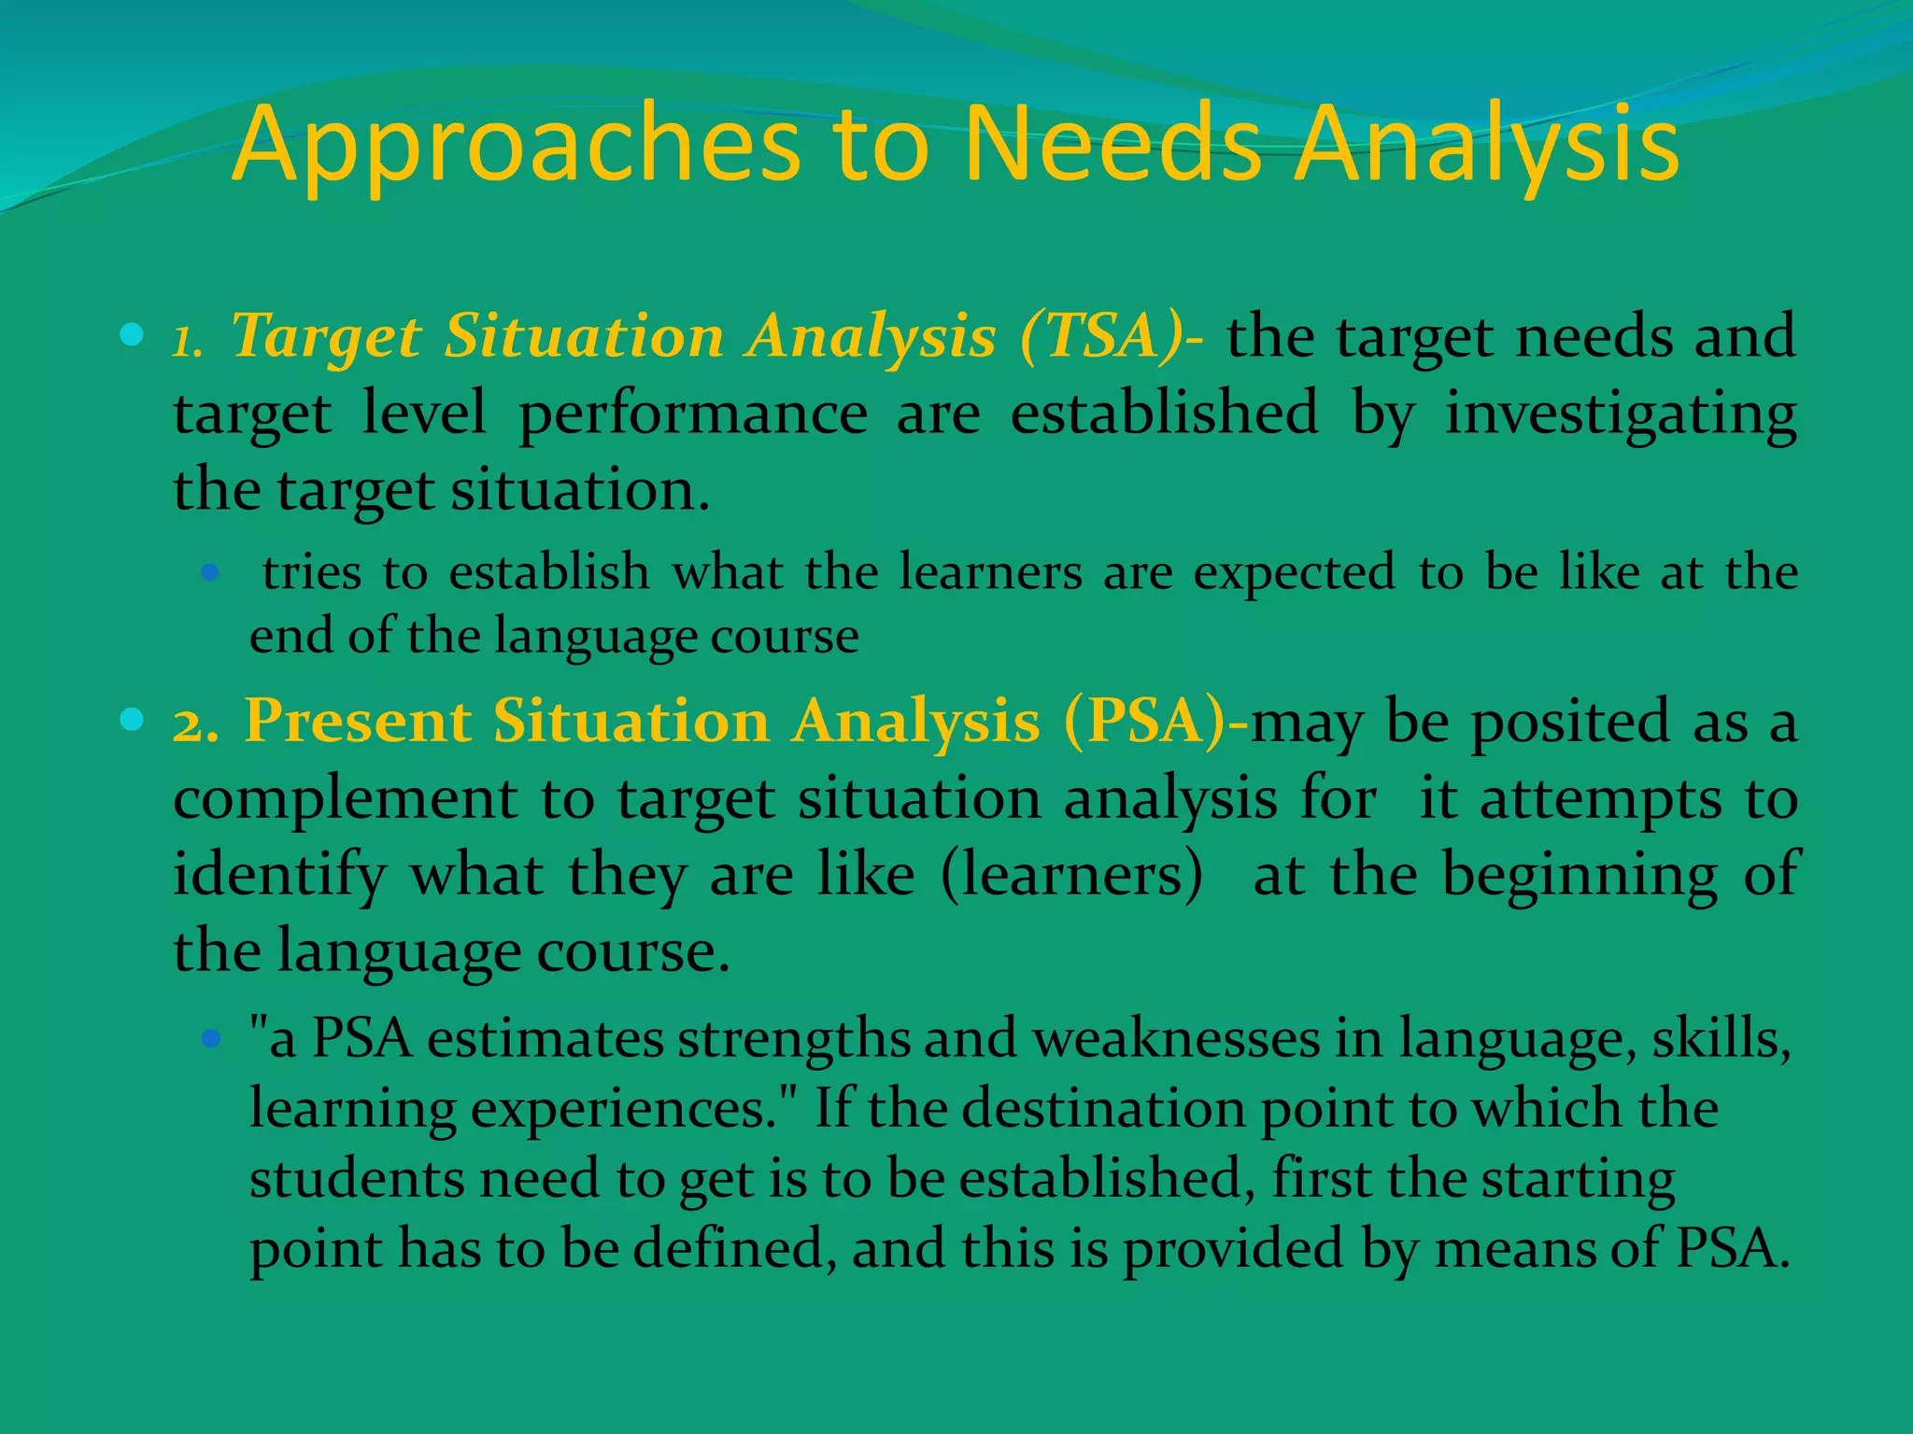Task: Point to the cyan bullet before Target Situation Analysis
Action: click(132, 334)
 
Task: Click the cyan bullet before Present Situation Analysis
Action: click(132, 719)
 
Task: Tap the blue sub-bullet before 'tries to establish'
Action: click(210, 572)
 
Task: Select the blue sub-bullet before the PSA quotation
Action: click(210, 1037)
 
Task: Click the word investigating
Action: click(1621, 414)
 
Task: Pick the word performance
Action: click(692, 414)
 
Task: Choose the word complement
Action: click(345, 799)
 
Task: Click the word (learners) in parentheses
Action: click(1071, 876)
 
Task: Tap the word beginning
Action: click(1579, 876)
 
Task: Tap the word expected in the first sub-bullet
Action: click(1294, 573)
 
